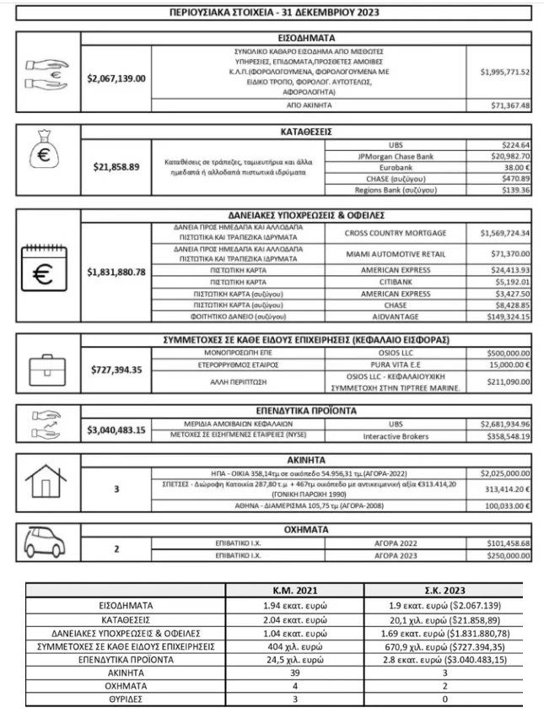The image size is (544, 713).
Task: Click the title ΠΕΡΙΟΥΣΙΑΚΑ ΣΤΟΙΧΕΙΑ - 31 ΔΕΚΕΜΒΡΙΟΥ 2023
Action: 272,12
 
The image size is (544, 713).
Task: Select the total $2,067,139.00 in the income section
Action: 116,78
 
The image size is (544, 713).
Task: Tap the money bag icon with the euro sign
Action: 48,158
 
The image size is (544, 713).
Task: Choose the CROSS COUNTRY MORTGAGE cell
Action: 396,232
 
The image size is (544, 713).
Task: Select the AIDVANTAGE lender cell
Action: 396,317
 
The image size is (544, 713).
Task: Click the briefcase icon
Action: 48,370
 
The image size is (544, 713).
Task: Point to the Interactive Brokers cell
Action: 396,436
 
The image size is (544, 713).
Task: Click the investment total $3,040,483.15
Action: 116,429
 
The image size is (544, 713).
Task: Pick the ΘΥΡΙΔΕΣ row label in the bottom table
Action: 126,698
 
